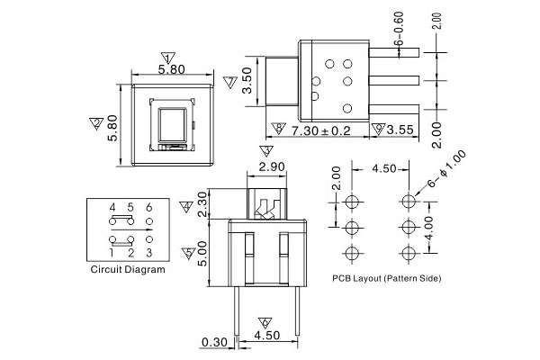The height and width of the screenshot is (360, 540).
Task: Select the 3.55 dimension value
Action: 399,130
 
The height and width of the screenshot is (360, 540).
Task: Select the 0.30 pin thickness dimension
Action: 213,341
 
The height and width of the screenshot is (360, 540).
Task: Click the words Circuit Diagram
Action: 128,269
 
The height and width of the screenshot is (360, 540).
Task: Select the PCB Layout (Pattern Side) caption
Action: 386,279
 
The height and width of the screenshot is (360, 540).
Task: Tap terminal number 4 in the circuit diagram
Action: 112,208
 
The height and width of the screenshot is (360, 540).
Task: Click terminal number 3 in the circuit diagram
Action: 148,252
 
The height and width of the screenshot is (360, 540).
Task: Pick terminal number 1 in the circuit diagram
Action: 112,252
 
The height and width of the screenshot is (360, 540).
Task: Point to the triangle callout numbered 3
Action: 265,151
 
